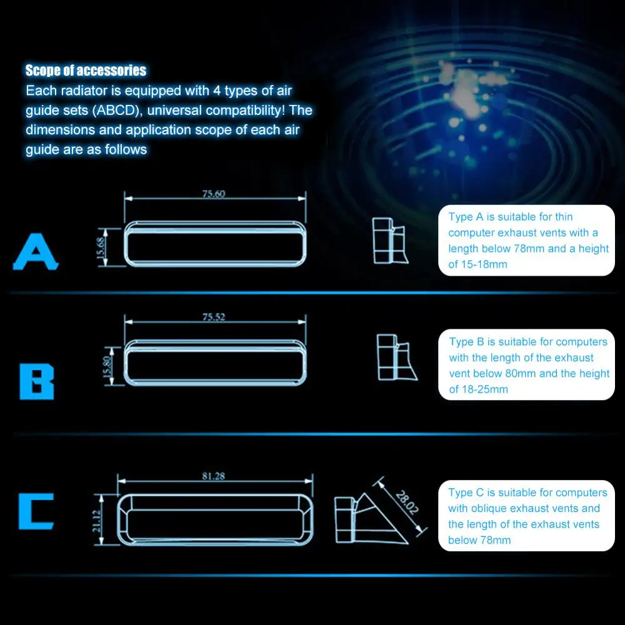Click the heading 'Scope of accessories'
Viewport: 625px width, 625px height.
[86, 71]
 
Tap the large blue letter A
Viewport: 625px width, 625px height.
[36, 252]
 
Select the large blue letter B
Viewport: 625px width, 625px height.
[37, 381]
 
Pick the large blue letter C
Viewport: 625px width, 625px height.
[36, 511]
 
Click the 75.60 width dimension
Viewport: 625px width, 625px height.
[214, 194]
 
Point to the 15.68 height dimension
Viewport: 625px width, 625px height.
[101, 247]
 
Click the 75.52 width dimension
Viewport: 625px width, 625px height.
[214, 317]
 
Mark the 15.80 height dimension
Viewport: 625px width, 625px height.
[106, 366]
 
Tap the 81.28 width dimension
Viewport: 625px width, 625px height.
[214, 476]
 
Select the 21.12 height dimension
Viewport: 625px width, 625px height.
[96, 521]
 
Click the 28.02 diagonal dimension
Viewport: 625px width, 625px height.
[407, 502]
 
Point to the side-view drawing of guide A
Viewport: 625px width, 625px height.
[390, 241]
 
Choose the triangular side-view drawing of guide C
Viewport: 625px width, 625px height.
[371, 519]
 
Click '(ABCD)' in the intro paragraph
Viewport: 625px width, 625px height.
[117, 111]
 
